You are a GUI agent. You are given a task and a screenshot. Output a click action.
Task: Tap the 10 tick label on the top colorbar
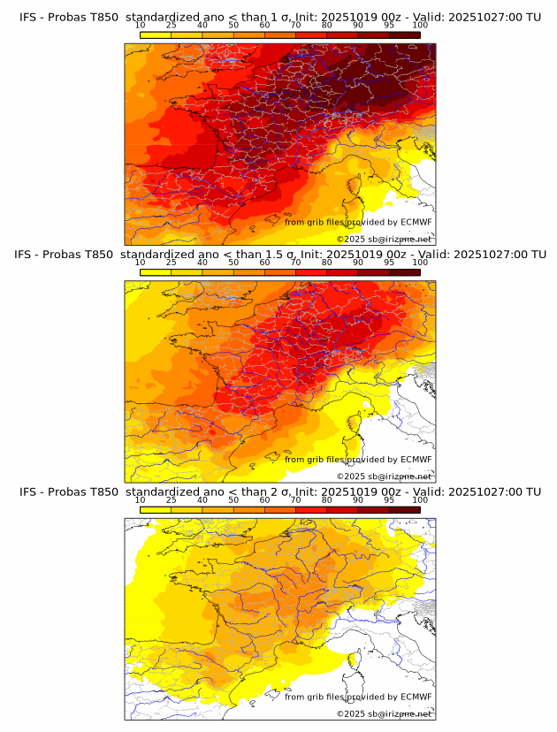tap(141, 25)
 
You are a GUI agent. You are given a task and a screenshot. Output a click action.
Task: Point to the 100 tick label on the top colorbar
tap(420, 25)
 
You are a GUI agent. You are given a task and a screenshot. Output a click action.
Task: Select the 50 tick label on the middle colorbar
tap(233, 263)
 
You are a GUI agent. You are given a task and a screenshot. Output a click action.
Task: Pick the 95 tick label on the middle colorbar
tap(389, 263)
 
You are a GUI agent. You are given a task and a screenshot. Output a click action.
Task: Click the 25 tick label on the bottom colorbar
tap(172, 500)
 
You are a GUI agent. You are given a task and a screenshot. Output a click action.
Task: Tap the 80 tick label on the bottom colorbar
tap(327, 500)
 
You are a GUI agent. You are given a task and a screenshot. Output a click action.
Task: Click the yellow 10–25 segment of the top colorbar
tap(156, 34)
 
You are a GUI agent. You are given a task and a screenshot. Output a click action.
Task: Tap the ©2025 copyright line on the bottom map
tap(385, 713)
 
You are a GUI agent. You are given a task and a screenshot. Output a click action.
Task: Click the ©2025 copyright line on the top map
tap(385, 239)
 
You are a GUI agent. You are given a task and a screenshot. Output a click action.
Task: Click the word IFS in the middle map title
tap(28, 254)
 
